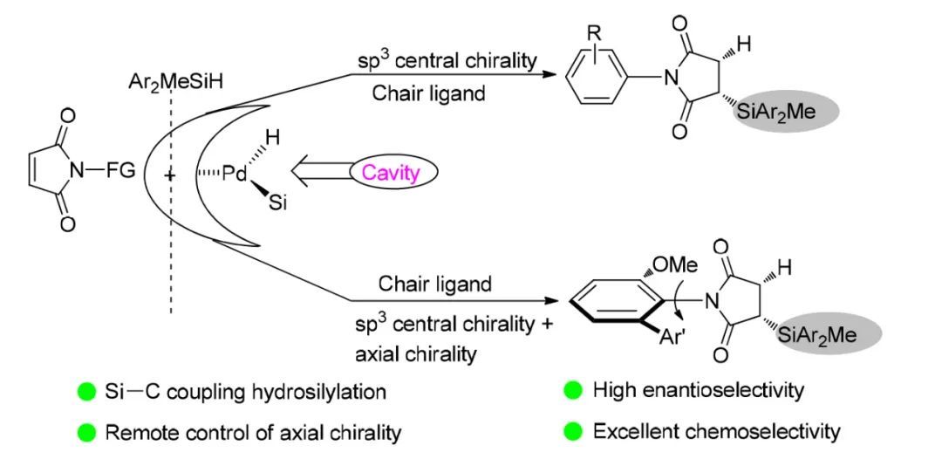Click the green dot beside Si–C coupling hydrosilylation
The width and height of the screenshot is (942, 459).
click(86, 391)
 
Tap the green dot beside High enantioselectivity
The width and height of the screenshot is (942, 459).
click(573, 391)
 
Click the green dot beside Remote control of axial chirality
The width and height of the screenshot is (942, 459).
click(86, 430)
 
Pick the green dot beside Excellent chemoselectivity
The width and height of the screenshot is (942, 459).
click(573, 430)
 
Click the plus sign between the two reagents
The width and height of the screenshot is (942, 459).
click(168, 175)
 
